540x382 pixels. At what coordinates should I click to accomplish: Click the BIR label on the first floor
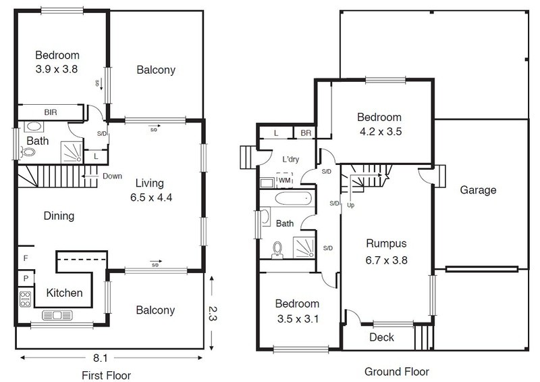point(51,112)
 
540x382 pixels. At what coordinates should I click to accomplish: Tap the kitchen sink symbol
point(57,315)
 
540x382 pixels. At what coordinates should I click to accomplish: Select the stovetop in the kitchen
point(25,300)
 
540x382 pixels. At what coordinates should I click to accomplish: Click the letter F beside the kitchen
point(26,258)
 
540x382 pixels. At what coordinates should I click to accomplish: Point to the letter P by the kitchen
point(26,278)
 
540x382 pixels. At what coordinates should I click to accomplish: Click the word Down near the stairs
point(112,176)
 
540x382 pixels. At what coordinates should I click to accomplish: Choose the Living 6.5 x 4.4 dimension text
point(151,190)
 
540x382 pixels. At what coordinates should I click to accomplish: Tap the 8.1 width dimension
point(100,358)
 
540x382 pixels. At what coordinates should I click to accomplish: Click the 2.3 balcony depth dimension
point(211,313)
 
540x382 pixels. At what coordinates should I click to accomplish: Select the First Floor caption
point(107,375)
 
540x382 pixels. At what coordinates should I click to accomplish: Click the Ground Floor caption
point(397,372)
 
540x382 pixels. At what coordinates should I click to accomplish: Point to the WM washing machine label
point(284,180)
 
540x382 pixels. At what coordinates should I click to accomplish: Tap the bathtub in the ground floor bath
point(294,198)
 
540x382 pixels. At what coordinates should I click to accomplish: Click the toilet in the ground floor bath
point(277,250)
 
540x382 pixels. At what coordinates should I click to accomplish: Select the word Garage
point(478,190)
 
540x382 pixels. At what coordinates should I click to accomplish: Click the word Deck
point(381,337)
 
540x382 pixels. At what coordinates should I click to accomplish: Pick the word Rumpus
point(386,243)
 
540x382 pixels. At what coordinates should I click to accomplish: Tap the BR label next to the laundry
point(306,133)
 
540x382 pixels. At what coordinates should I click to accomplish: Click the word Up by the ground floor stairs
point(350,206)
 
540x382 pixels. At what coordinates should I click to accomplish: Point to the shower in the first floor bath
point(72,152)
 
